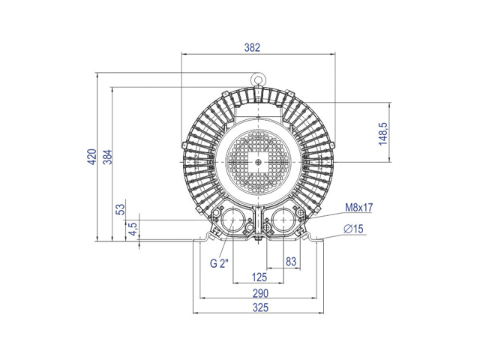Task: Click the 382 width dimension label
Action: coord(252,47)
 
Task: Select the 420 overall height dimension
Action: coord(92,157)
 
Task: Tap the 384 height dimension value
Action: coord(108,157)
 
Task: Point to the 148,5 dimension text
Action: coord(383,133)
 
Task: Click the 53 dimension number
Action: coord(121,209)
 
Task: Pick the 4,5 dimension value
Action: coord(133,229)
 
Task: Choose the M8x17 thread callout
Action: coord(359,208)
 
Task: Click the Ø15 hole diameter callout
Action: coord(353,229)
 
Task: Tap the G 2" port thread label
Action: coord(219,263)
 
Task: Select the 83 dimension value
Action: coord(291,262)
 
